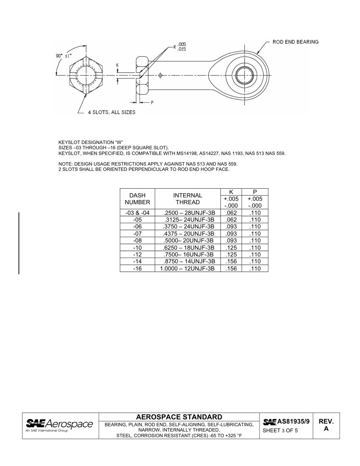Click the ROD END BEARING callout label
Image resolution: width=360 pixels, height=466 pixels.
click(x=295, y=42)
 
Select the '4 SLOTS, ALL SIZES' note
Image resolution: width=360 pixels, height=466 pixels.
click(x=111, y=112)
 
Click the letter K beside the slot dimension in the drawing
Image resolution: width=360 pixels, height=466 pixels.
click(x=117, y=65)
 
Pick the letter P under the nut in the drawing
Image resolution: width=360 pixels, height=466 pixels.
click(x=152, y=102)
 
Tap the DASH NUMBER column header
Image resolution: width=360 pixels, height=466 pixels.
click(x=137, y=199)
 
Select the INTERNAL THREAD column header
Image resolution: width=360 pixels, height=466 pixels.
click(x=188, y=199)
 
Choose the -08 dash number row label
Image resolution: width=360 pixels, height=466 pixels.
click(x=137, y=241)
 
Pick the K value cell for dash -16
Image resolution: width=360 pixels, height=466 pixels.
click(x=231, y=269)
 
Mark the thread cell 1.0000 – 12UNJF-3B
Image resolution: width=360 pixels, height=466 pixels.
click(x=187, y=269)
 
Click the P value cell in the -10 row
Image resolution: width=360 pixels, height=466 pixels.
click(x=255, y=248)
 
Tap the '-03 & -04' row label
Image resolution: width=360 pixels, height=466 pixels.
click(x=137, y=213)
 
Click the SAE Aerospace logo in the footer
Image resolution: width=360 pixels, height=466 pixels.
click(x=59, y=425)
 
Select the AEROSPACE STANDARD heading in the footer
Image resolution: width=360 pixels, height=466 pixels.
click(x=179, y=417)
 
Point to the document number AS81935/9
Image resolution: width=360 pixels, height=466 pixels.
click(x=293, y=421)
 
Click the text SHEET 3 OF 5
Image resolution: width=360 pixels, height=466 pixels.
click(x=280, y=430)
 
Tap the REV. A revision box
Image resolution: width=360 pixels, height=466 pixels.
click(x=326, y=425)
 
